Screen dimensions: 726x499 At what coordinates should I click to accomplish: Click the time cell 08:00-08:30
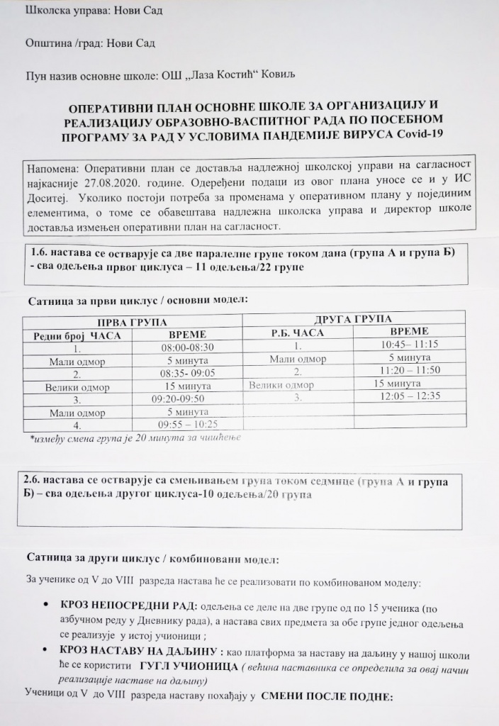click(187, 348)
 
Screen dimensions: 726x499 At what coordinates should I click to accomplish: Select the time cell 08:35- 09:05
click(187, 374)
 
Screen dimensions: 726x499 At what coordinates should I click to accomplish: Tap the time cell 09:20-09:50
click(187, 399)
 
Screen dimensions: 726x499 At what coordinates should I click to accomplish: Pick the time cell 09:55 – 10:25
click(188, 425)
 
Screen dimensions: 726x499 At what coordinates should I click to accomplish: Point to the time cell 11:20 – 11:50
click(410, 370)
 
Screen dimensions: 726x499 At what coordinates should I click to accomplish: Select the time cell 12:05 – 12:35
click(410, 396)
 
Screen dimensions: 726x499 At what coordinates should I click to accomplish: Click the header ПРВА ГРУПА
click(133, 323)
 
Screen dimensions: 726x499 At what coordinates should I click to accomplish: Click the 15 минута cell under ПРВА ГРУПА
click(188, 386)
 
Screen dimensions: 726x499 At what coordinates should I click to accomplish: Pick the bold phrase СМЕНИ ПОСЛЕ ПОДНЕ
click(326, 696)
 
